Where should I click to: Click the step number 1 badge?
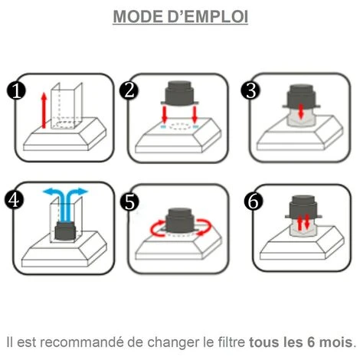[16, 90]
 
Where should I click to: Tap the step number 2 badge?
[129, 90]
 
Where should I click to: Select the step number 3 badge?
[250, 90]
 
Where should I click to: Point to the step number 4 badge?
[14, 200]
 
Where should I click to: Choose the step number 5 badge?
[129, 201]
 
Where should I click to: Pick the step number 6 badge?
[254, 201]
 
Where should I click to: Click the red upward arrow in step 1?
[44, 110]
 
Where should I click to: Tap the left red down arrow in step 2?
[165, 114]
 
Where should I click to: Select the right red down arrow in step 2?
[195, 114]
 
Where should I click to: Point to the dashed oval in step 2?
[180, 127]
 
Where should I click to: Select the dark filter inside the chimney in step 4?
[65, 231]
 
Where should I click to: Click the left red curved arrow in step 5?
[155, 228]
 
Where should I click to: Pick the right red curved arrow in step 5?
[205, 226]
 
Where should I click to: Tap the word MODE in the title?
[139, 17]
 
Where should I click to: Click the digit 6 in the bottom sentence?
[311, 342]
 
